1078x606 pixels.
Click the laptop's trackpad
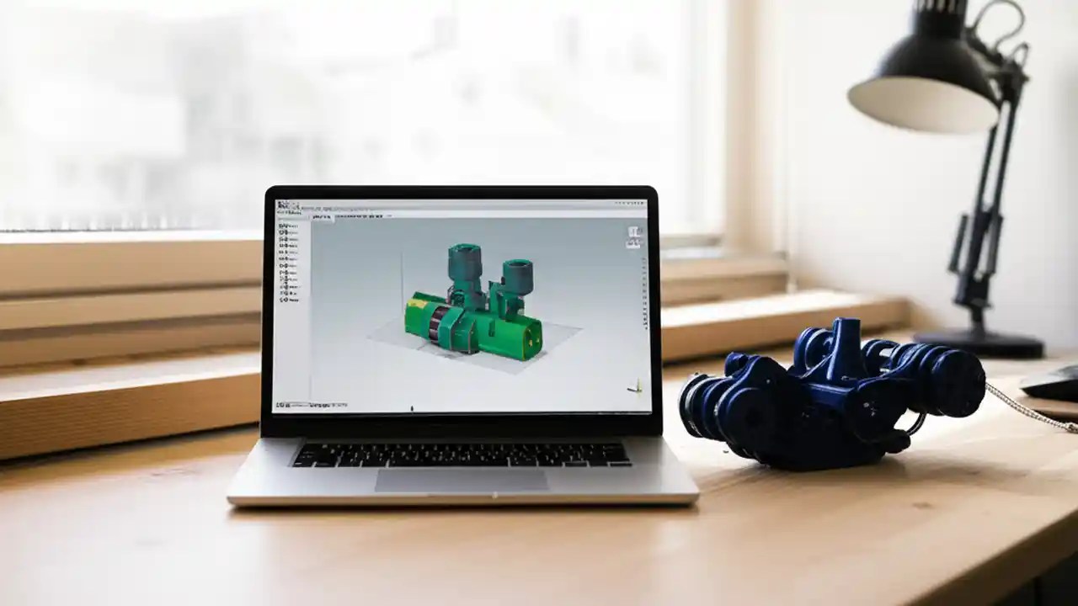(461, 481)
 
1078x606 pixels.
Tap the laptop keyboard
(461, 454)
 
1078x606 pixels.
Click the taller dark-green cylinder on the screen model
(464, 265)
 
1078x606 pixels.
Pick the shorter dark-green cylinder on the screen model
(516, 278)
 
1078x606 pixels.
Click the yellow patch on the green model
(417, 300)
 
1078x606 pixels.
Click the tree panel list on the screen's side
(288, 252)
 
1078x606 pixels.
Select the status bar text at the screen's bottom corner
(300, 405)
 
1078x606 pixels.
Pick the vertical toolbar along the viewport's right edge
(643, 311)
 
